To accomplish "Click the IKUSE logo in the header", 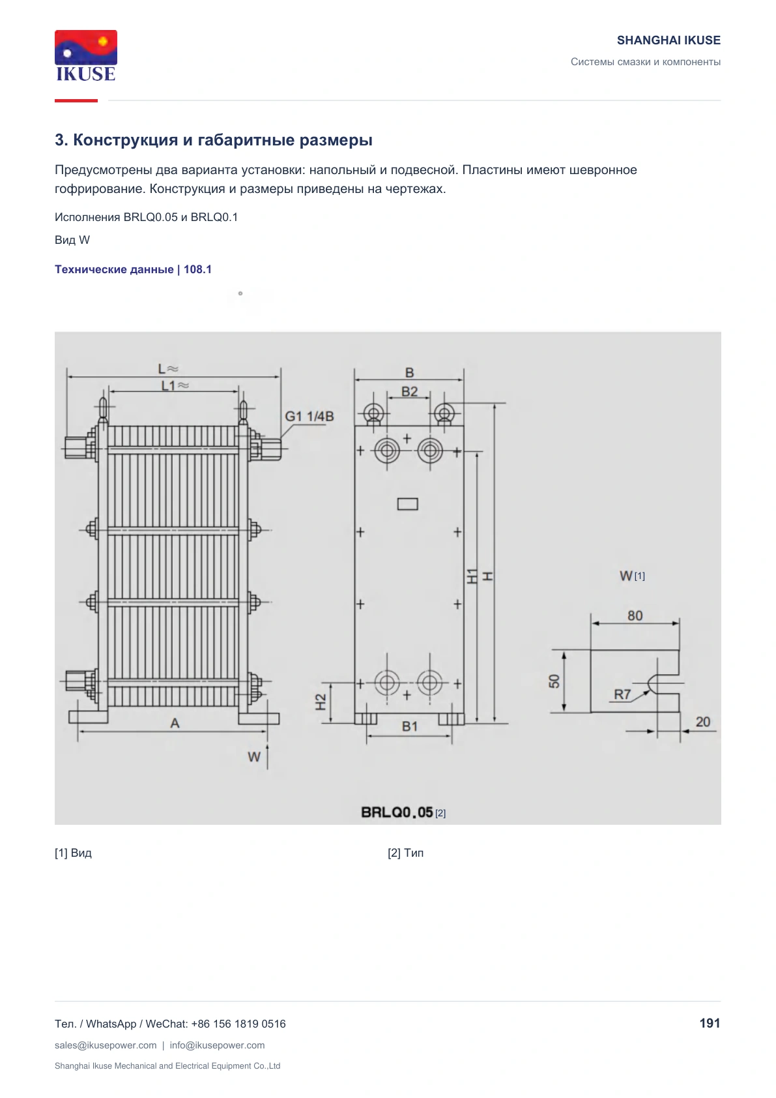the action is click(86, 55).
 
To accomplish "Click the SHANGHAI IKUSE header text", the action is click(668, 40).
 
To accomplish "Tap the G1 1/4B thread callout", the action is click(309, 416).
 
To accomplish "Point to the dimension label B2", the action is click(409, 392).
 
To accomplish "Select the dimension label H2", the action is click(321, 702).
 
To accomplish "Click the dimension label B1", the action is click(410, 726).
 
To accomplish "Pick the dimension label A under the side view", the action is click(175, 723).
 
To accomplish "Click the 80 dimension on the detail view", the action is click(635, 616).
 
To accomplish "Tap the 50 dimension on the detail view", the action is click(554, 681).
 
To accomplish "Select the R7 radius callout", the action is click(622, 694).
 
